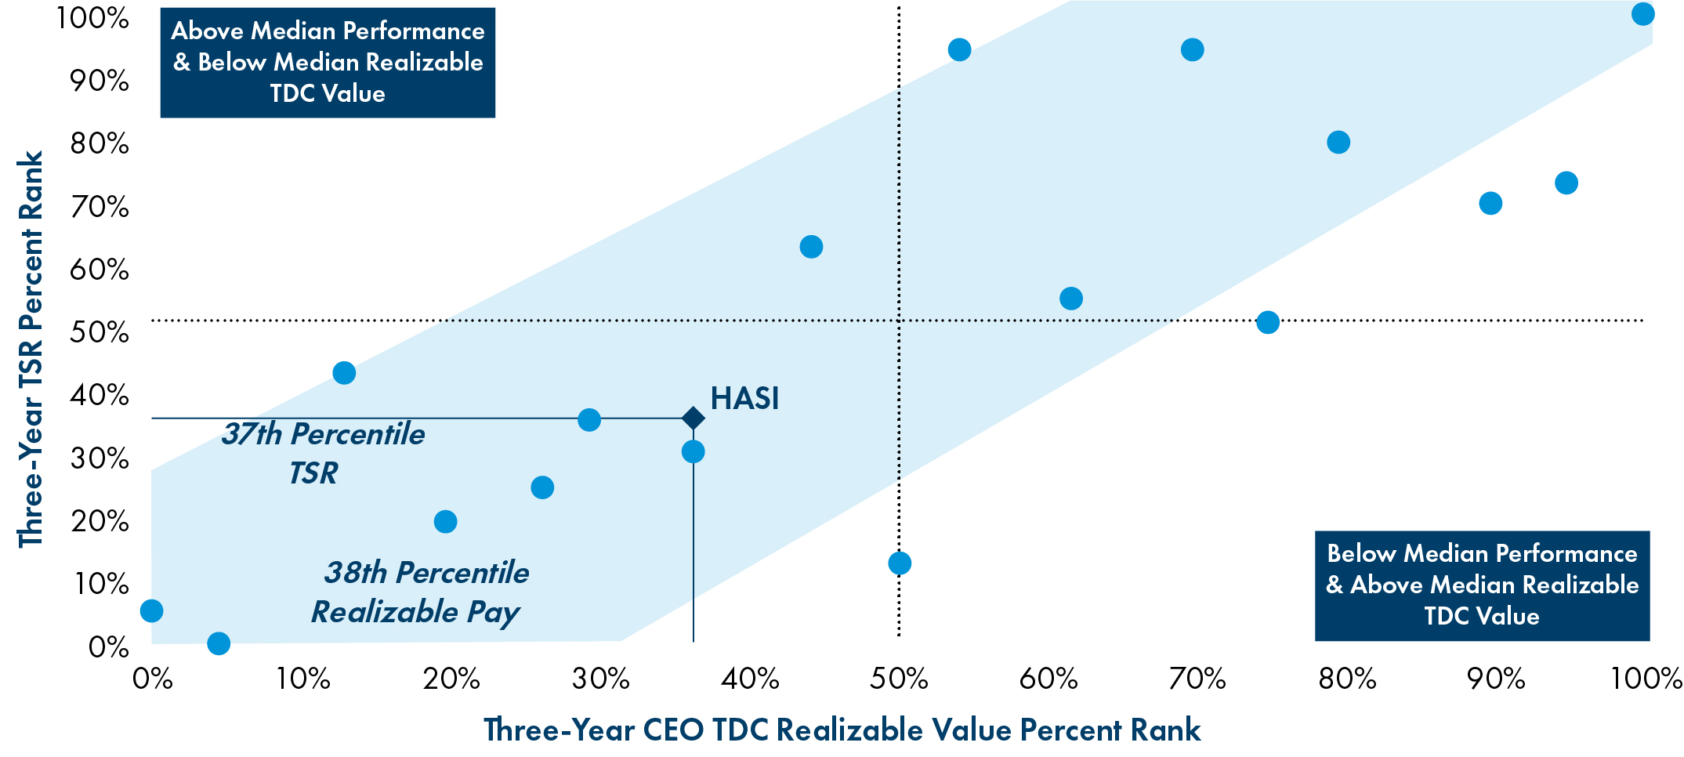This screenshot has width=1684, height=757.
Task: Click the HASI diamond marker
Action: coord(693,418)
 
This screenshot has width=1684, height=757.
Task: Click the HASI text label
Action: coord(744,398)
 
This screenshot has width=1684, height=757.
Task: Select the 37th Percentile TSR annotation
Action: coord(322,453)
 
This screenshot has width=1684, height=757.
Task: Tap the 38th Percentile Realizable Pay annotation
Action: coord(420,592)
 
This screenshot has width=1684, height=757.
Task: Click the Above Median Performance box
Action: coord(328,62)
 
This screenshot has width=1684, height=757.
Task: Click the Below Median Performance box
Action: coord(1482,585)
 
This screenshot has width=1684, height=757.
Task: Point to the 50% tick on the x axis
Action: coord(899,679)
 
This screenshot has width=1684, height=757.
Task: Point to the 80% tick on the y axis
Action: coord(100,143)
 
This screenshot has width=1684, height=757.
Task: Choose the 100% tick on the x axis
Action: coord(1646,679)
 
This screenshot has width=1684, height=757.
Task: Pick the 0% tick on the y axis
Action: coord(108,647)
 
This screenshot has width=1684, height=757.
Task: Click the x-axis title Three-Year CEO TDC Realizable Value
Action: coord(842,730)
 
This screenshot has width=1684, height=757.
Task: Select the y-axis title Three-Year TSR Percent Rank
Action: coord(31,350)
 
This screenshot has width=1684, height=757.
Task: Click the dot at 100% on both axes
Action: coord(1642,14)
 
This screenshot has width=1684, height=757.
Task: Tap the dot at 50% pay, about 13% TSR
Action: coord(900,563)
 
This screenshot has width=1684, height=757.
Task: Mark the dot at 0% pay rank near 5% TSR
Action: coord(151,610)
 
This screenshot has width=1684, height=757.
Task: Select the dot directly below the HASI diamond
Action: coord(693,451)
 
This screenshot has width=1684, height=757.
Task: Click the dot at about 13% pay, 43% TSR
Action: coord(344,372)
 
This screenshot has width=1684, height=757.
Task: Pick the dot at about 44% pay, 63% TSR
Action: coord(811,247)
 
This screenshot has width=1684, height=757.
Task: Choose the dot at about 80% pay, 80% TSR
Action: coord(1338,143)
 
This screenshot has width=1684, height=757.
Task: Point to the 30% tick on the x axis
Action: coord(600,679)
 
